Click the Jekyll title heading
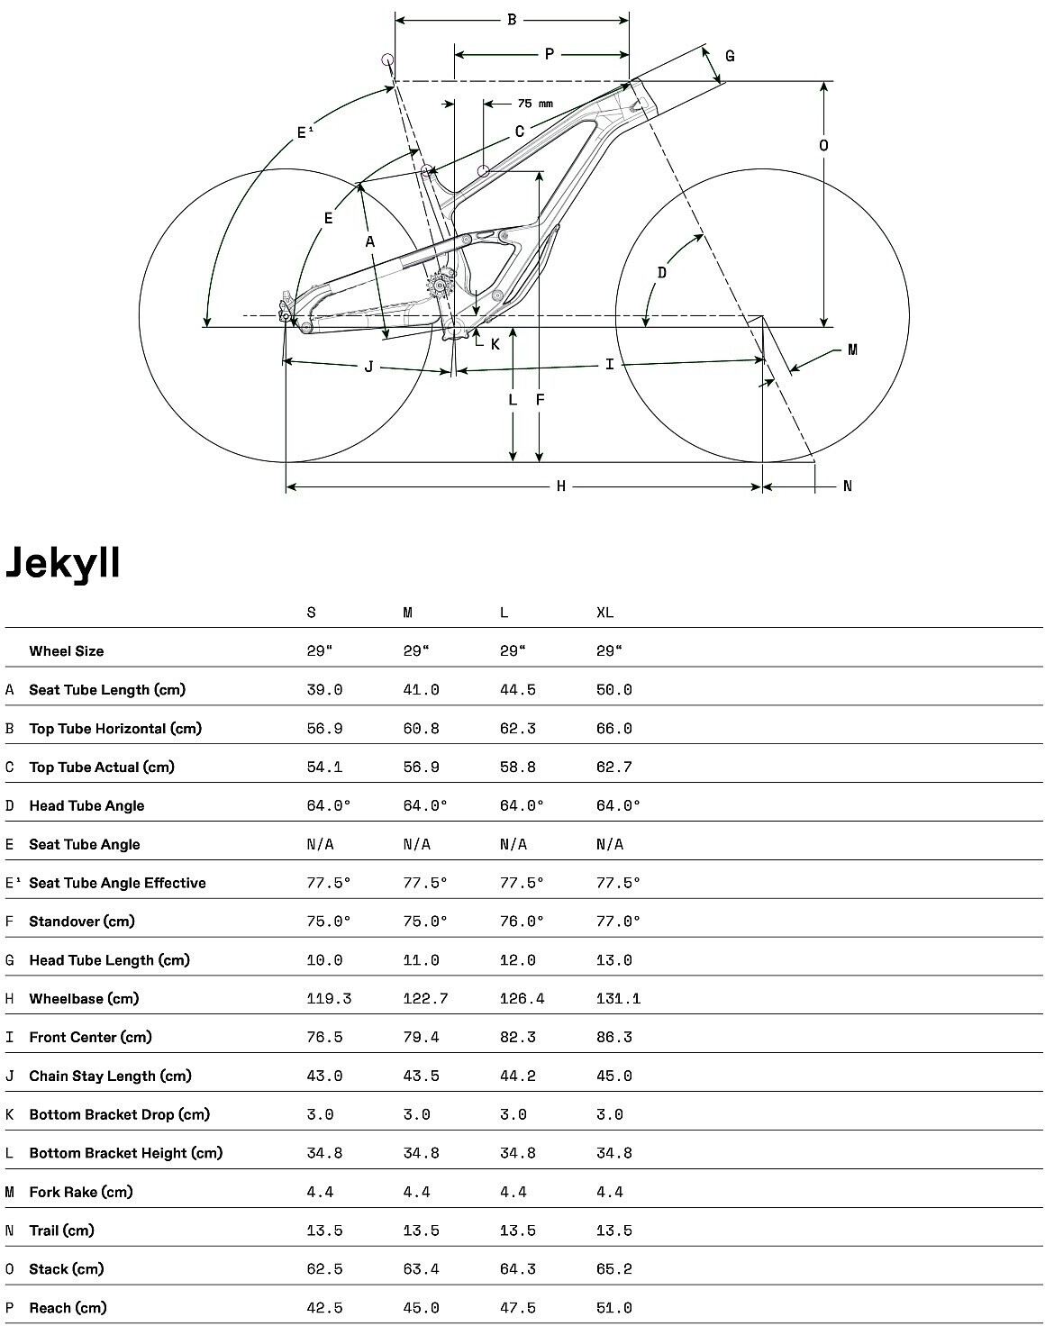(63, 562)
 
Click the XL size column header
(604, 613)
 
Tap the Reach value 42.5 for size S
(324, 1308)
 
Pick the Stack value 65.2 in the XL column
(613, 1269)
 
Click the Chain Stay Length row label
(110, 1076)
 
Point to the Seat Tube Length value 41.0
(421, 690)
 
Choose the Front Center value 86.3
(613, 1038)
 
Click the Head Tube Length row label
(109, 960)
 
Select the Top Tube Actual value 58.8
(517, 767)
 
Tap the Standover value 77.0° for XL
(618, 922)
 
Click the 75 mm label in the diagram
(535, 104)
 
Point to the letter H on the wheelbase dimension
(560, 486)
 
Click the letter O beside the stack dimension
(823, 145)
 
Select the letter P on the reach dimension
(550, 55)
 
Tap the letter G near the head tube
(730, 56)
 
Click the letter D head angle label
(662, 272)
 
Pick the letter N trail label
(847, 486)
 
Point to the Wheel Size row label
(66, 651)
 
